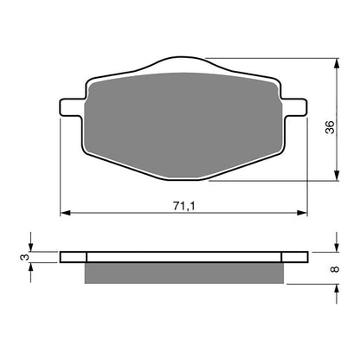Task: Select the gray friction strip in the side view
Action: (183, 273)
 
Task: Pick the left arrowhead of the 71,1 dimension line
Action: (63, 213)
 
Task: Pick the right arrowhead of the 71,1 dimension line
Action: (304, 213)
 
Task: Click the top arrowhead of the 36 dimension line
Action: (335, 62)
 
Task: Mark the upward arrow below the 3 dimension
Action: (32, 269)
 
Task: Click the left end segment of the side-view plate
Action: (74, 257)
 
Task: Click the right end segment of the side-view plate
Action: (293, 257)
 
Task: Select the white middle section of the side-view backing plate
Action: (183, 257)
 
